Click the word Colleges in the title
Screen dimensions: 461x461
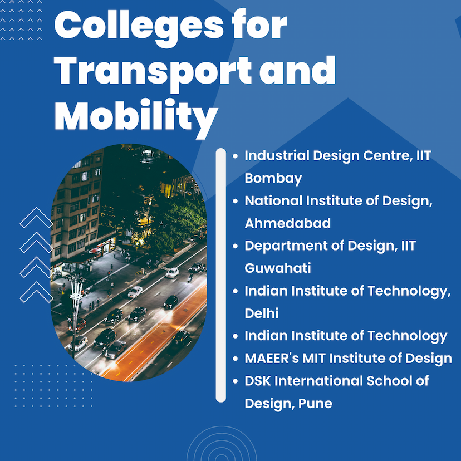point(139,27)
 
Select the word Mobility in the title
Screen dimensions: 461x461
point(136,117)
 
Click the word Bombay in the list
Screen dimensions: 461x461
point(273,179)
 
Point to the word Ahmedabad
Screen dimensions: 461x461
point(287,223)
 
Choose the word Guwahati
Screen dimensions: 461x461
point(277,268)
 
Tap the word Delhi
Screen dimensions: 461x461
point(261,313)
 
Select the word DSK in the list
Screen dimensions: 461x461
point(258,381)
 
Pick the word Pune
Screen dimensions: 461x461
point(315,404)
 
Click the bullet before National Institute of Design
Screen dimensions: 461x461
point(235,202)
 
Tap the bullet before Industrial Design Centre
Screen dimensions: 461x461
point(235,156)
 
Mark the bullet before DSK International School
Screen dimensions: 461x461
point(235,381)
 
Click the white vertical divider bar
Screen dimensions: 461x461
point(221,275)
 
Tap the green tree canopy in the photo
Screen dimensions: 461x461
point(176,218)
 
